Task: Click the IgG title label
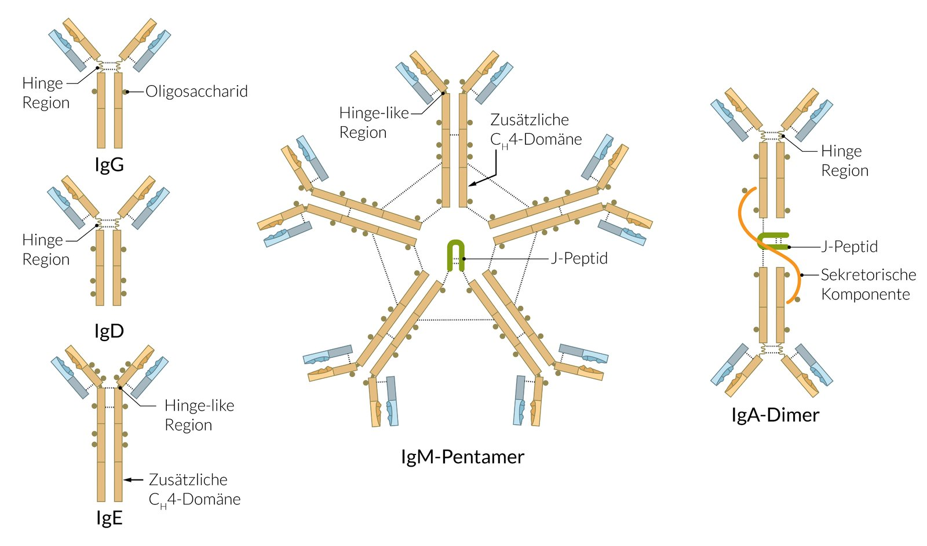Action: (x=109, y=165)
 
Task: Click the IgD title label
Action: (x=109, y=331)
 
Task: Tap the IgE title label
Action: (x=109, y=518)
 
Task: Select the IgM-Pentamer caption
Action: (x=462, y=457)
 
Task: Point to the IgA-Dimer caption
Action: (x=775, y=415)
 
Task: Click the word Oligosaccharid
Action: (x=196, y=91)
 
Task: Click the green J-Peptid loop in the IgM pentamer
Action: (x=456, y=255)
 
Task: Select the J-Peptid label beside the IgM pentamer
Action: (x=579, y=258)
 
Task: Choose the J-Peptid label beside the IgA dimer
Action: (x=849, y=247)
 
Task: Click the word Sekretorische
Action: (x=868, y=274)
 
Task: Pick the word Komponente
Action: (x=866, y=294)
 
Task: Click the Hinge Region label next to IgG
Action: (x=45, y=93)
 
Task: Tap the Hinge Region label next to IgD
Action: (x=45, y=250)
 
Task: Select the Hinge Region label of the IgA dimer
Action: (x=844, y=160)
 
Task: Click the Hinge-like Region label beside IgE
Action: (x=199, y=415)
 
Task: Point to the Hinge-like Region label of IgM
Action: (x=374, y=122)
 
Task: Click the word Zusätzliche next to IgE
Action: (x=188, y=479)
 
